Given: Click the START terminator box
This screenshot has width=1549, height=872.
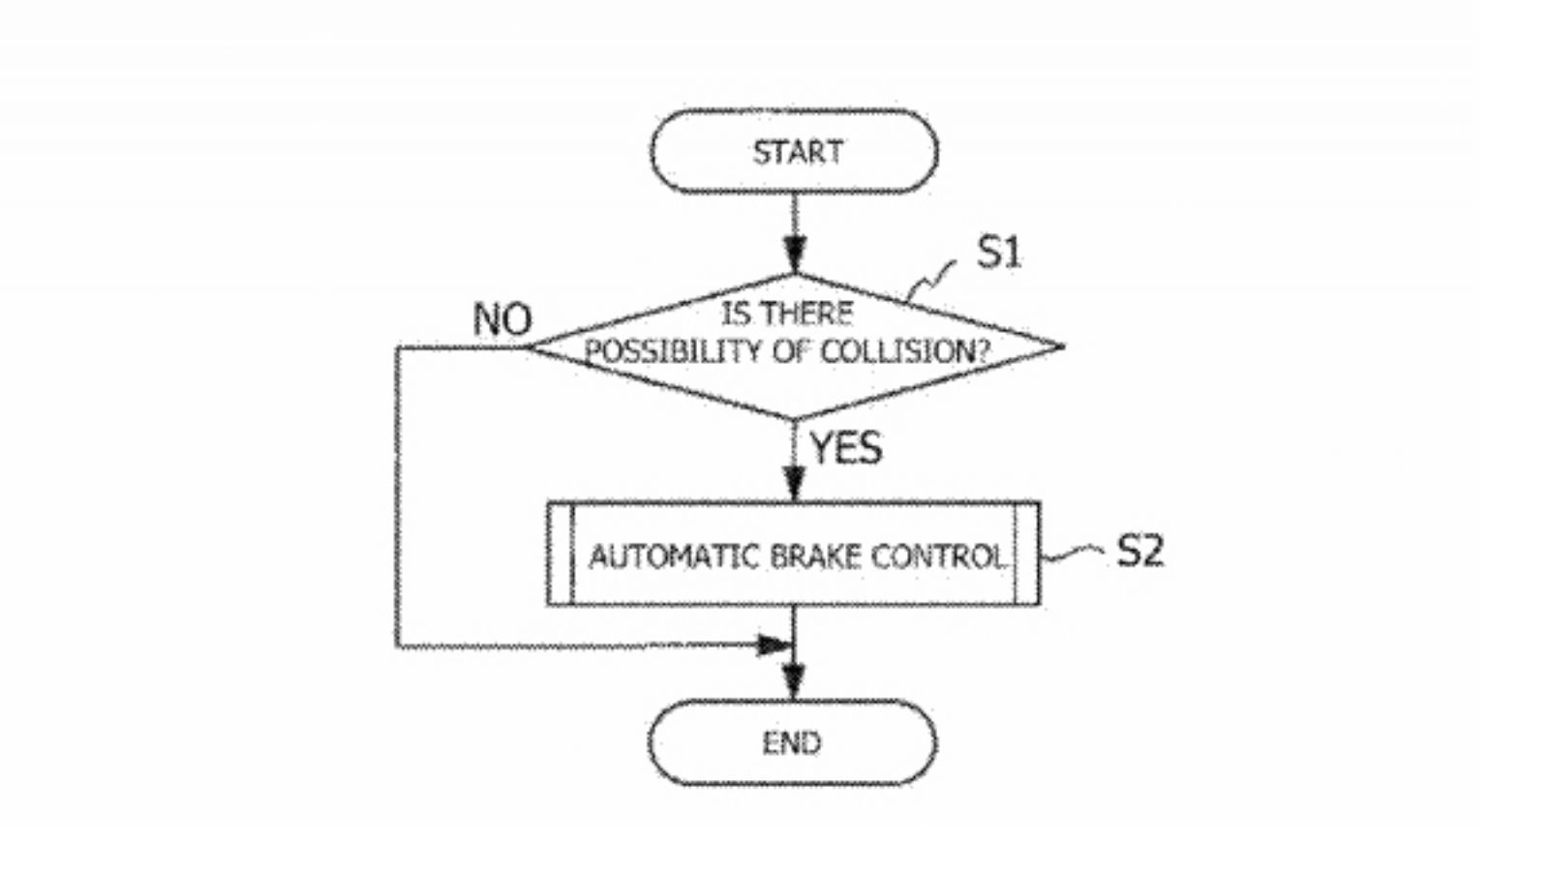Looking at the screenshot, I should coord(794,152).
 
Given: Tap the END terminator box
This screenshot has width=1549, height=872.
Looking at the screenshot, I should coord(792,742).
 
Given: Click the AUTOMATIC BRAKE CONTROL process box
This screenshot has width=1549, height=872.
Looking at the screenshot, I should coord(794,555).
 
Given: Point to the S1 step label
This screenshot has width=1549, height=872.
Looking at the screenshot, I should coord(998,253).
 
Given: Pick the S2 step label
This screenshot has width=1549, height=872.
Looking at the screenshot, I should coord(1139,551).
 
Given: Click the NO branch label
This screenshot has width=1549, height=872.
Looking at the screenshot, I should coord(501,319).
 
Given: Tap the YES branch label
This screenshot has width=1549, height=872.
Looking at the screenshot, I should coord(845,448).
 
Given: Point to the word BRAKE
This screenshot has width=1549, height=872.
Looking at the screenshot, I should coord(815,556).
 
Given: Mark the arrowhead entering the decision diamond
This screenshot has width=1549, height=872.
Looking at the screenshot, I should coord(794,259).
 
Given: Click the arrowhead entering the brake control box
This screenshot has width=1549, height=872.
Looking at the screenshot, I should coord(794,483).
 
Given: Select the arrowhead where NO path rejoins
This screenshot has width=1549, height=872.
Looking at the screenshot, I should coord(773,645).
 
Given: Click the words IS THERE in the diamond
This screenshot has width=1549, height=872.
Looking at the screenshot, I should coord(786,314).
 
